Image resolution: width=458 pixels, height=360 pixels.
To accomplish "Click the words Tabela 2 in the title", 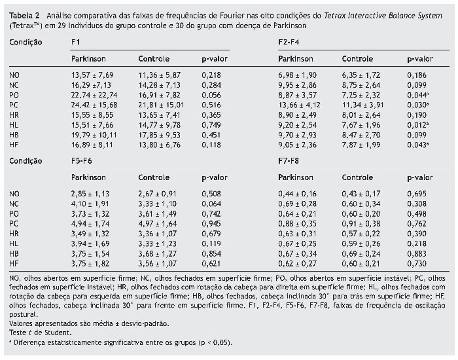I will [x=22, y=14].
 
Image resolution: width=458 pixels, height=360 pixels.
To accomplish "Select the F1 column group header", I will [x=76, y=43].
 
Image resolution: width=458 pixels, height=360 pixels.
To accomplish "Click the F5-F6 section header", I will [x=81, y=160].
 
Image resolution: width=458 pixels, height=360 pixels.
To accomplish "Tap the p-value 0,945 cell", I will [x=212, y=223].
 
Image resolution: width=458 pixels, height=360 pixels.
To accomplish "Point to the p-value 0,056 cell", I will [x=212, y=94].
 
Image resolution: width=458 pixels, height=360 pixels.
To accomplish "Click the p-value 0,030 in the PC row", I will [x=419, y=104].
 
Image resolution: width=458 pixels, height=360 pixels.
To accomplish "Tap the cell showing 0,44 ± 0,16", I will [x=298, y=194].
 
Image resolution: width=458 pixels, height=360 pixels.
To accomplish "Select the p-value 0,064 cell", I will [x=212, y=204].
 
